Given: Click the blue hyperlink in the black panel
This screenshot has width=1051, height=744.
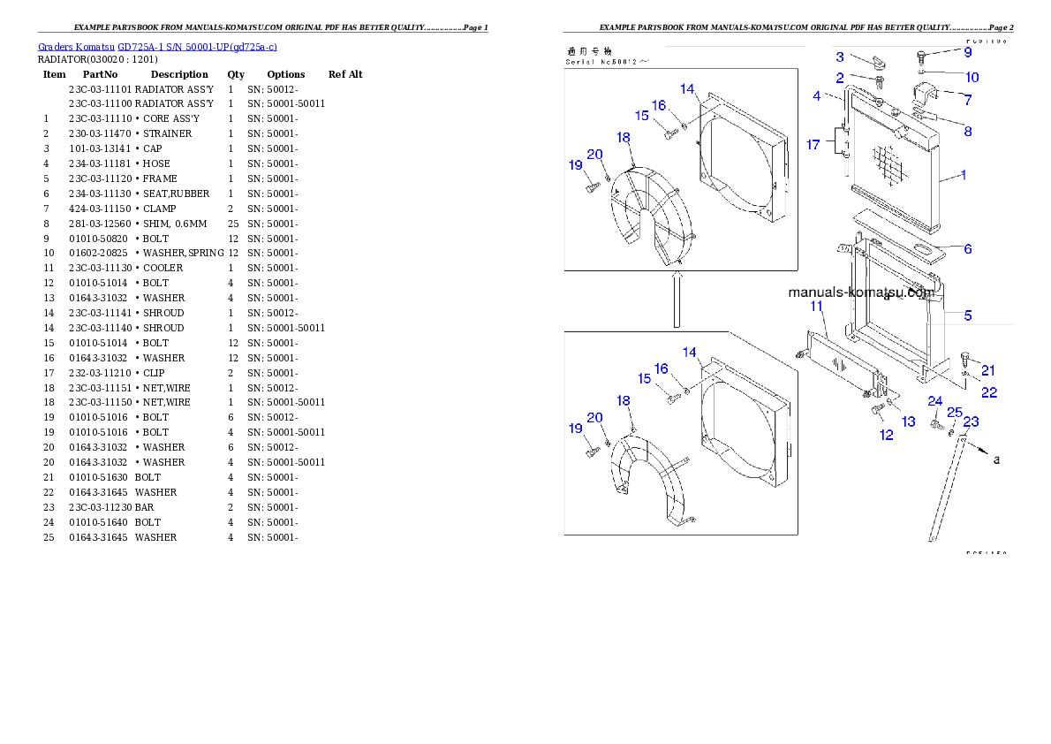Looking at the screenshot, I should [157, 46].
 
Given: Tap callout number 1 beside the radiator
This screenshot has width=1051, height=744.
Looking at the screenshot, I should [963, 175].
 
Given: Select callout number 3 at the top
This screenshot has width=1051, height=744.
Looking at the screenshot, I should [840, 57].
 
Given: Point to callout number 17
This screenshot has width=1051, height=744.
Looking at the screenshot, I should [813, 144].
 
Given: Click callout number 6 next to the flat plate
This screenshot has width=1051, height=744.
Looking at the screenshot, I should [967, 249].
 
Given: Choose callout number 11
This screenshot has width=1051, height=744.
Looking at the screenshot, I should [817, 306].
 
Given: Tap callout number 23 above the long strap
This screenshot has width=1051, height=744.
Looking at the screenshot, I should [971, 422].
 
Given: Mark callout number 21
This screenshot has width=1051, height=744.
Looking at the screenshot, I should [988, 370].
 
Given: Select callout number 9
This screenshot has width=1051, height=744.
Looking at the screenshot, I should [967, 52].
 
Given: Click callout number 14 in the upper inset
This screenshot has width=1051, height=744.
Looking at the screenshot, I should [688, 88].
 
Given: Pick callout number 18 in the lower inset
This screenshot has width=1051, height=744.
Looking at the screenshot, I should [624, 400].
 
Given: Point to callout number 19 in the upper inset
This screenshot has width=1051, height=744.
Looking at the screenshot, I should [576, 165].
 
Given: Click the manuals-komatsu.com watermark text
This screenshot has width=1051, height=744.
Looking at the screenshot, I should [860, 292].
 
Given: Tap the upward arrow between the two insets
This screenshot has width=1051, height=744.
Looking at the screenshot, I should [677, 300].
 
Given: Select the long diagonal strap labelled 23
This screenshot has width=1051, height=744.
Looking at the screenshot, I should [946, 495].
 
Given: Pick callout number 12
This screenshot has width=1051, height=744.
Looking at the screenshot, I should [886, 435].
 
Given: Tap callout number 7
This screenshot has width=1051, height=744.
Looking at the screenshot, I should [967, 100].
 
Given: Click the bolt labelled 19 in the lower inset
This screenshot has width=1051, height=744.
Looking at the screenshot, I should [593, 452].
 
